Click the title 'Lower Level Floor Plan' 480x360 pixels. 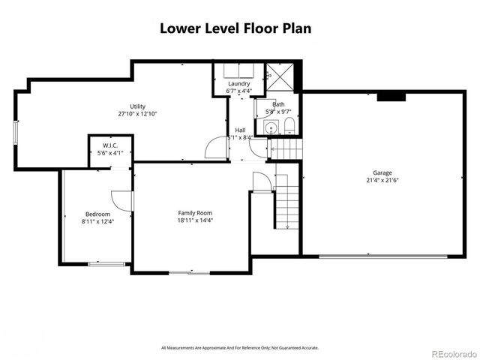235,28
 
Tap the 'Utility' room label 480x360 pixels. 136,106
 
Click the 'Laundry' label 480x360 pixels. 239,83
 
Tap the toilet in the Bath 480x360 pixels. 289,124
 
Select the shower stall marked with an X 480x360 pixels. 279,76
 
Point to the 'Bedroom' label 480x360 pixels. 97,214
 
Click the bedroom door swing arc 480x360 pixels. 120,200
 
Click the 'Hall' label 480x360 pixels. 240,130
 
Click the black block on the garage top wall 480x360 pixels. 391,96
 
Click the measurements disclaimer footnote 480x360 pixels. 240,348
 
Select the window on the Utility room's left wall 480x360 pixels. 16,132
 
